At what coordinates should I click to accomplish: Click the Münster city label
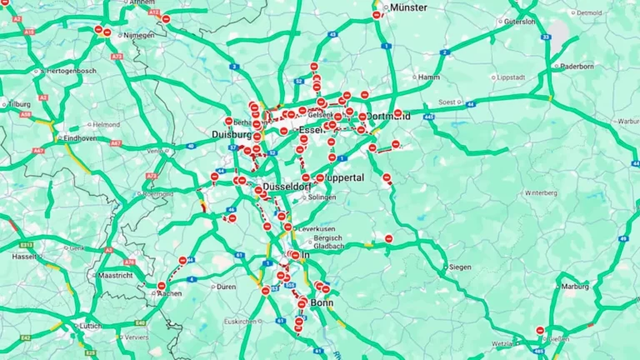pyautogui.click(x=408, y=7)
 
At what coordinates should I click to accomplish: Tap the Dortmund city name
pyautogui.click(x=389, y=117)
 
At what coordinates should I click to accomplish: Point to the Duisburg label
pyautogui.click(x=231, y=134)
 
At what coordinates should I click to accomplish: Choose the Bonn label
pyautogui.click(x=322, y=302)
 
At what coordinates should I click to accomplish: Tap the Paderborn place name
pyautogui.click(x=577, y=66)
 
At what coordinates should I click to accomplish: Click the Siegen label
pyautogui.click(x=460, y=267)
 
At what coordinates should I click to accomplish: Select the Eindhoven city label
pyautogui.click(x=80, y=137)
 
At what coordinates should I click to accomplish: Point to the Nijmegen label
pyautogui.click(x=138, y=35)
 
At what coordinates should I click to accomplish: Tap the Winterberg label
pyautogui.click(x=541, y=192)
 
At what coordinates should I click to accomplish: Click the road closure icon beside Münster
pyautogui.click(x=377, y=14)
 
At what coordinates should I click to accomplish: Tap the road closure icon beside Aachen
pyautogui.click(x=162, y=286)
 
